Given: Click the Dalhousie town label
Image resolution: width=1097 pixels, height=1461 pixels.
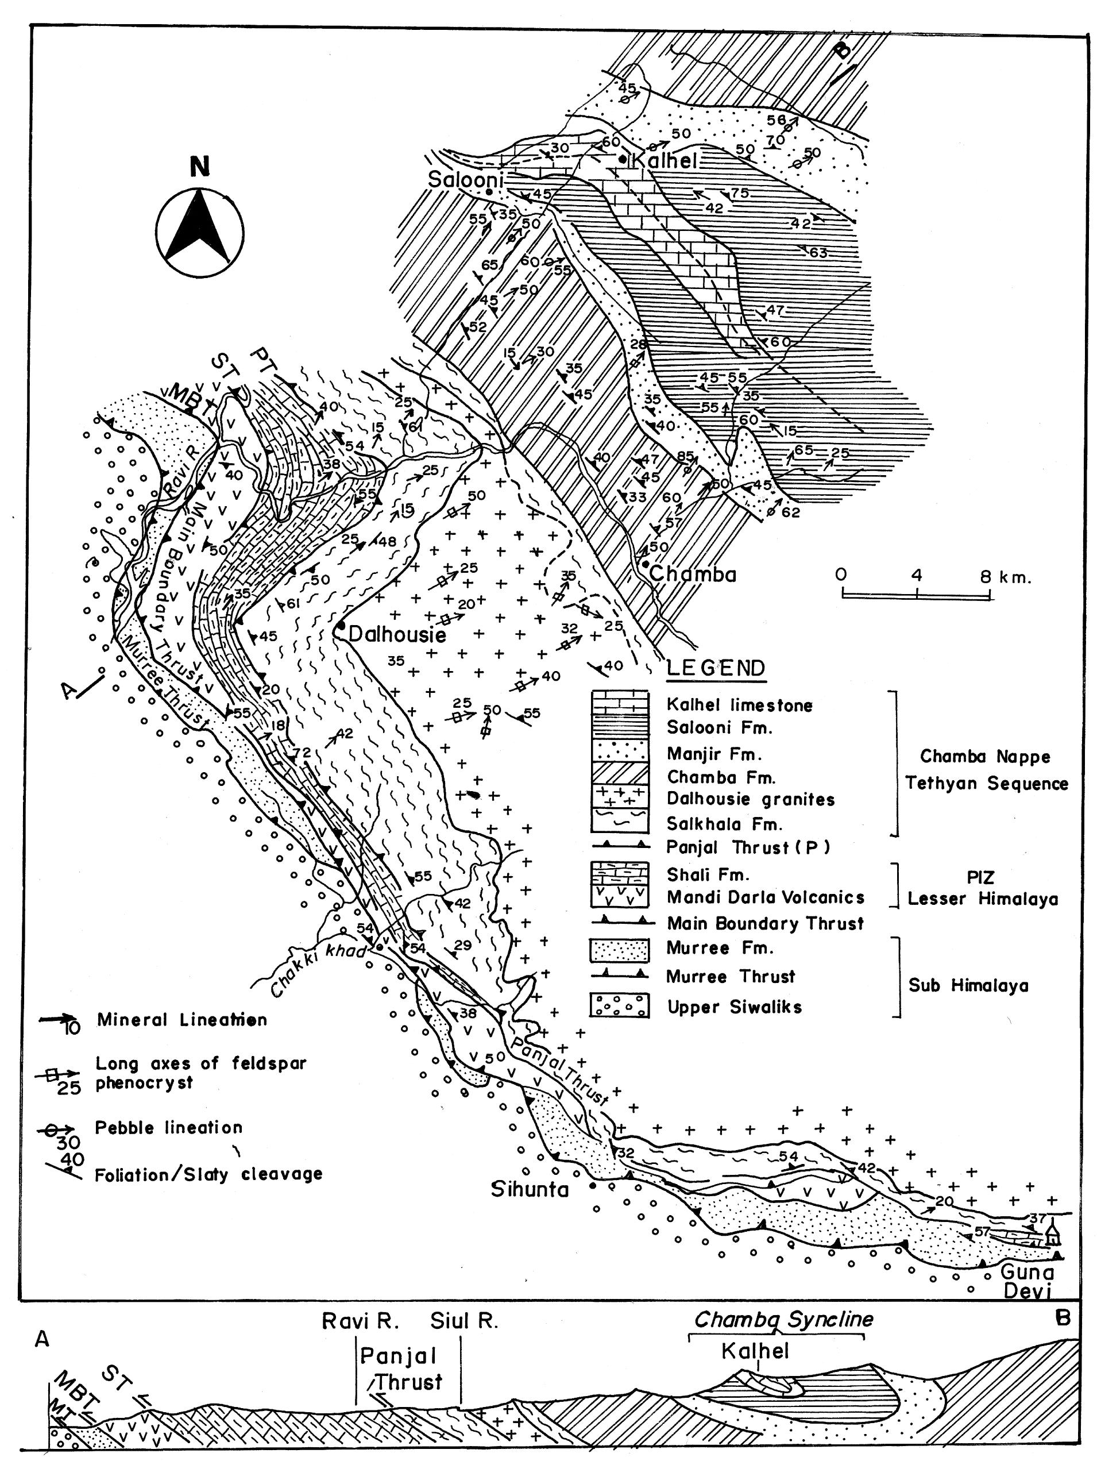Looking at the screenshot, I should click(x=397, y=635).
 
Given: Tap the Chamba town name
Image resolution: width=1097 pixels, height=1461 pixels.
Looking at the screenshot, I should click(x=692, y=574).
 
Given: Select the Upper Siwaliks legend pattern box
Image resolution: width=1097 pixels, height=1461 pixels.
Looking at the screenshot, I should click(x=620, y=1007).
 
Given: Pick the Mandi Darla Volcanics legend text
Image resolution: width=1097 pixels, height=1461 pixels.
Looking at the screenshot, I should click(x=765, y=897).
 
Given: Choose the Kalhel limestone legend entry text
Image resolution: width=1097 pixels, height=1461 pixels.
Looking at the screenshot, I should click(x=739, y=706).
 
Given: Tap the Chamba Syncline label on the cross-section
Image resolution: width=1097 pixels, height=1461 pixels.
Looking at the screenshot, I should click(x=783, y=1319).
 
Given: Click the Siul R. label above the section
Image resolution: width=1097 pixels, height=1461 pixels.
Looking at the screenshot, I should click(x=463, y=1321).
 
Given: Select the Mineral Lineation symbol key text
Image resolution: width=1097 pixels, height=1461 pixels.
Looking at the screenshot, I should click(x=181, y=1020).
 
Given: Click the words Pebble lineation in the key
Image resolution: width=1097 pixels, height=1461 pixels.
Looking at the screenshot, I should click(x=168, y=1127).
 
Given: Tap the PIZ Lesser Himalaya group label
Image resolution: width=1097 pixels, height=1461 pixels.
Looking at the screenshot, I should click(x=982, y=888).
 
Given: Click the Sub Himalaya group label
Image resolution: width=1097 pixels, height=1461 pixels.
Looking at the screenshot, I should click(x=968, y=985).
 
